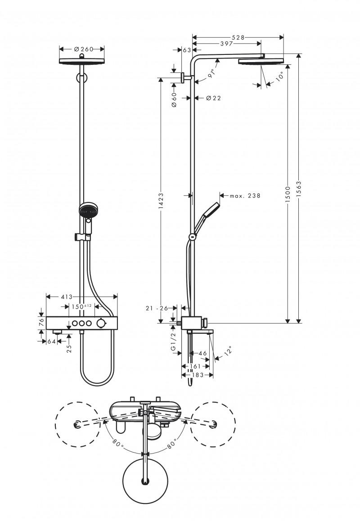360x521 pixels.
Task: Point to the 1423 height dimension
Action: coord(161,200)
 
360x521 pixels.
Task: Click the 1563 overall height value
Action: coord(298,189)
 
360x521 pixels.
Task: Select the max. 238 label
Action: coord(245,196)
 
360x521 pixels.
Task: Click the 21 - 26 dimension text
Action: coord(157,308)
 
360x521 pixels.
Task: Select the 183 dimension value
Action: coord(196,375)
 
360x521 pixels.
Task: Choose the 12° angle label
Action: coord(229,350)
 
